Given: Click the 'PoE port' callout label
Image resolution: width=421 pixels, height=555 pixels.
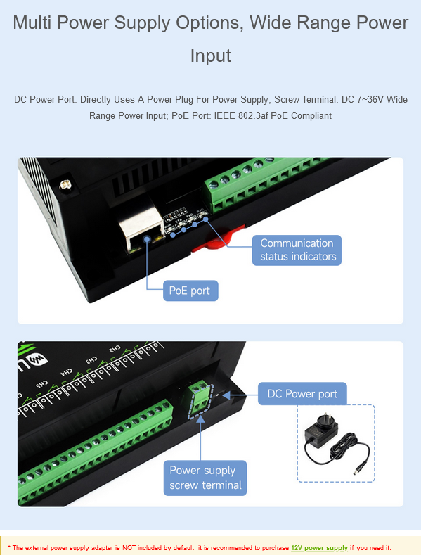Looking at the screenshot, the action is (190, 291).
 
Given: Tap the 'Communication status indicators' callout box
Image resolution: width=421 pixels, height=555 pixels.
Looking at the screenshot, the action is (297, 250).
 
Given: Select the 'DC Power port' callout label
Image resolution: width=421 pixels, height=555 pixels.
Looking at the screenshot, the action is (302, 394).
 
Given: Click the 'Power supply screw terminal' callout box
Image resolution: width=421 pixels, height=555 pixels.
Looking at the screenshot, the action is (205, 478).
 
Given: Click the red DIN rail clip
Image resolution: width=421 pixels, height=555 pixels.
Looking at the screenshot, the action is (217, 239).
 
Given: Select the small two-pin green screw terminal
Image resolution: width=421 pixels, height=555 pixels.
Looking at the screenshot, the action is (200, 400).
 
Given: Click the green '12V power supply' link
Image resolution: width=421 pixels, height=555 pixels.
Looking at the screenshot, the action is (319, 547).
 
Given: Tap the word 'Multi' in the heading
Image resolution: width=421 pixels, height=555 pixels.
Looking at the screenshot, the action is (32, 23).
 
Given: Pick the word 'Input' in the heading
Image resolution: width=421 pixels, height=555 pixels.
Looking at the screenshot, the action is (211, 56).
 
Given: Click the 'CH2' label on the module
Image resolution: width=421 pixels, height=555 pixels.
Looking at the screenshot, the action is (115, 349).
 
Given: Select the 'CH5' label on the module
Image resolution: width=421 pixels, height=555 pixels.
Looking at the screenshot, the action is (41, 384).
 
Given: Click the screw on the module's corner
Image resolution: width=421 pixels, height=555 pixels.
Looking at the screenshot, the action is (65, 184).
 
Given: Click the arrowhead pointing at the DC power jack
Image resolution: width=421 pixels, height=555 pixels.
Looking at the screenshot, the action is (226, 395).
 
